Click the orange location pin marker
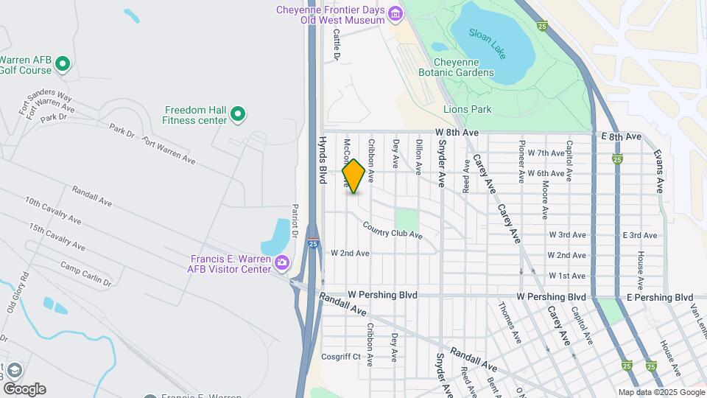pyautogui.click(x=353, y=176)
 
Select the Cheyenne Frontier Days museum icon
pyautogui.click(x=396, y=13)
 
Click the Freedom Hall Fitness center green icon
pyautogui.click(x=237, y=114)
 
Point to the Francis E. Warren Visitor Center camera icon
pyautogui.click(x=281, y=262)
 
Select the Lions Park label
pyautogui.click(x=467, y=109)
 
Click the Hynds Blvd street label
pyautogui.click(x=323, y=159)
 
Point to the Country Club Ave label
pyautogui.click(x=392, y=230)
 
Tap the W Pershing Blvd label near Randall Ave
pyautogui.click(x=383, y=295)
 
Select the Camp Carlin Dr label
pyautogui.click(x=85, y=274)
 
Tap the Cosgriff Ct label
pyautogui.click(x=340, y=356)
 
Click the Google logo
pyautogui.click(x=24, y=389)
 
